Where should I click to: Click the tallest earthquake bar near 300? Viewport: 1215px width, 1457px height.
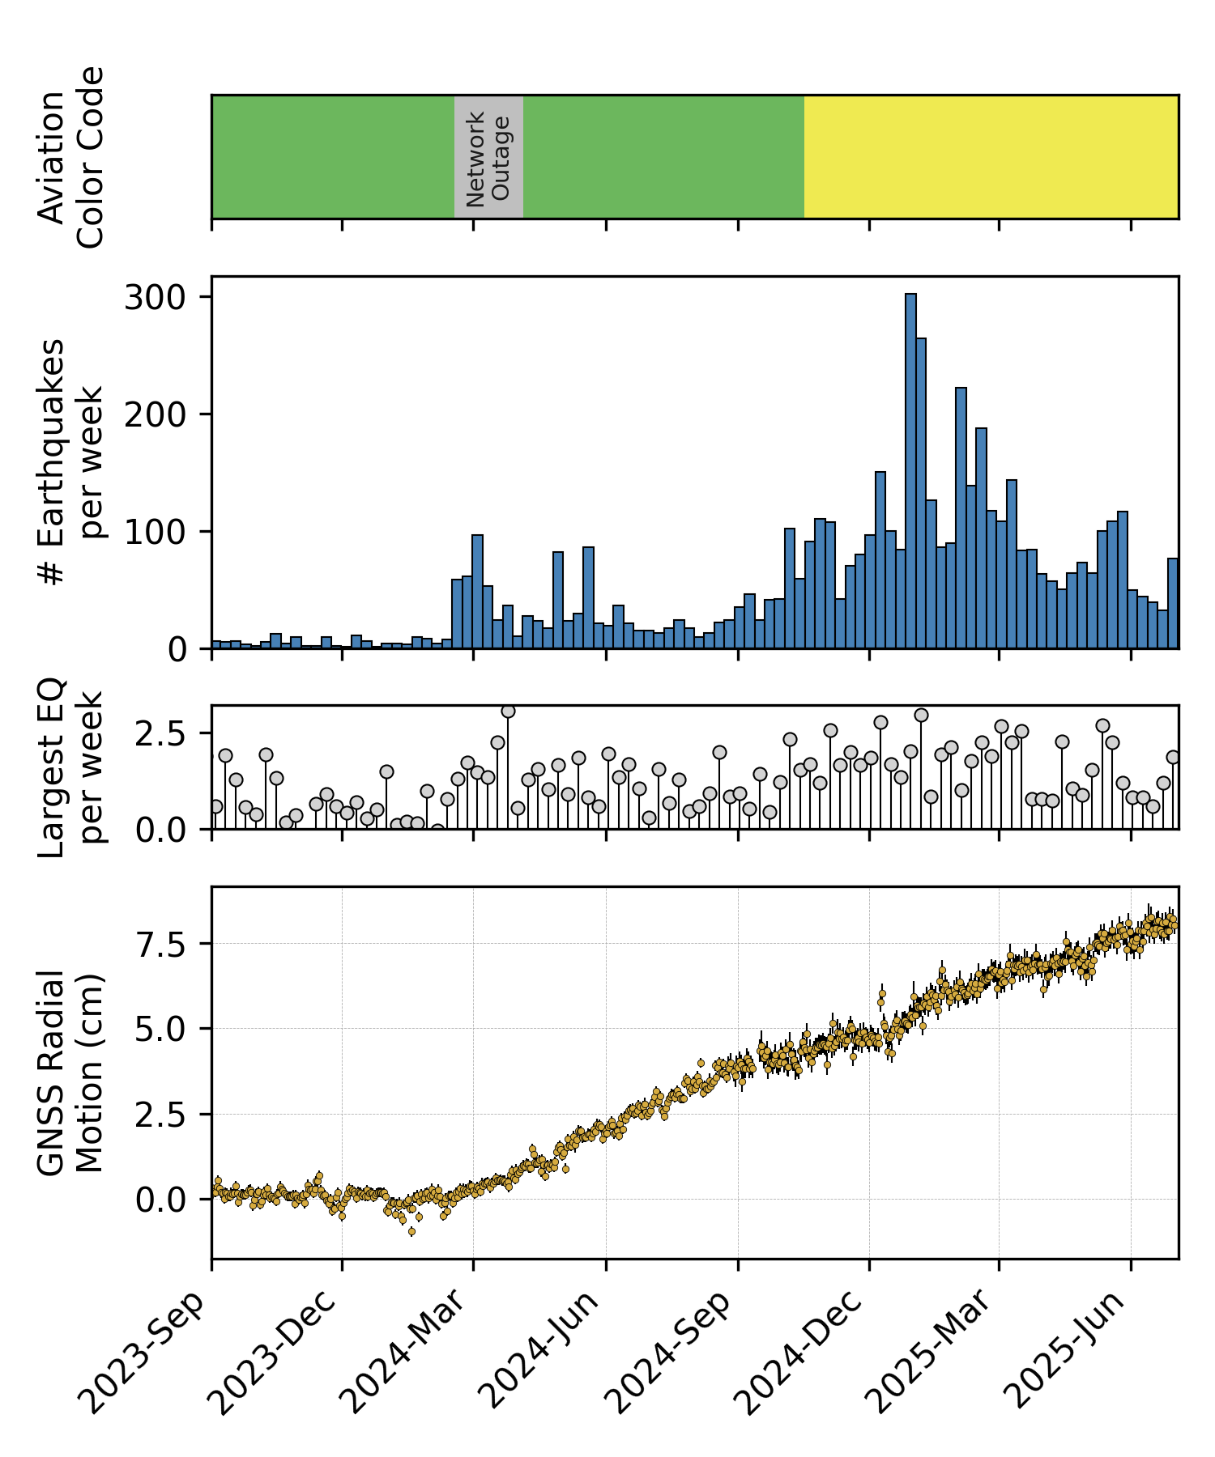pyautogui.click(x=910, y=469)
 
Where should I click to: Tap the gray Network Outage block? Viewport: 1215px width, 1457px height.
pyautogui.click(x=488, y=157)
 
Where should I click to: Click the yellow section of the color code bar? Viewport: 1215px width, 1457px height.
pyautogui.click(x=991, y=157)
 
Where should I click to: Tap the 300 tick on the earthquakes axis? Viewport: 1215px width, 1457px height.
pyautogui.click(x=156, y=297)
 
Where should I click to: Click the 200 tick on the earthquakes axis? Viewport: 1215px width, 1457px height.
pyautogui.click(x=156, y=414)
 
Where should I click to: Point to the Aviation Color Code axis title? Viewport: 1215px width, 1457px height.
pyautogui.click(x=71, y=157)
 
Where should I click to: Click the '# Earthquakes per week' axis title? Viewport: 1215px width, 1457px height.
pyautogui.click(x=71, y=462)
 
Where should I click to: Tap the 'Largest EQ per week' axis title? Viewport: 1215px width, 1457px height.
pyautogui.click(x=71, y=767)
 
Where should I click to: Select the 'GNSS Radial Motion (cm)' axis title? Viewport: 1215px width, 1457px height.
pyautogui.click(x=71, y=1072)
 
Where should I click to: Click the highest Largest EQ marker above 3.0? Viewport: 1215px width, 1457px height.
pyautogui.click(x=508, y=712)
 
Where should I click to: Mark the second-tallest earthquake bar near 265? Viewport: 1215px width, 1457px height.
pyautogui.click(x=921, y=494)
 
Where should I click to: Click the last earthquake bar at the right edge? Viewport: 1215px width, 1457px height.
pyautogui.click(x=1173, y=603)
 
